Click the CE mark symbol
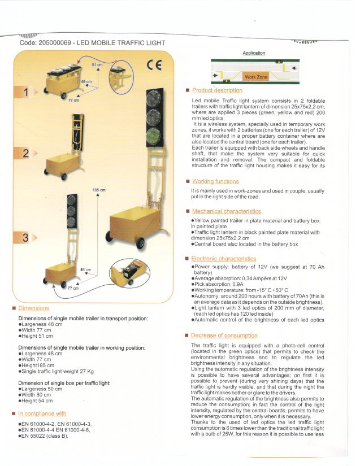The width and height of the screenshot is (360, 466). (x=154, y=65)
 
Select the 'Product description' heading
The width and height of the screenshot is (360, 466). (x=217, y=90)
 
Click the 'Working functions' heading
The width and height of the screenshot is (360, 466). (x=215, y=181)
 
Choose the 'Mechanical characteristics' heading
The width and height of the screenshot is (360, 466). (x=227, y=211)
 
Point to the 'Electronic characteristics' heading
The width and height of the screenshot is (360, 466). (x=224, y=259)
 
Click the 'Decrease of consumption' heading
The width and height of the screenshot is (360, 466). (x=224, y=336)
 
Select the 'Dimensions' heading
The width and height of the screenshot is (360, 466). (x=33, y=308)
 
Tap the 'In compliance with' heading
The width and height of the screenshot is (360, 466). (x=42, y=413)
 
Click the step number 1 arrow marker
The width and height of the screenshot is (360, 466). (x=25, y=92)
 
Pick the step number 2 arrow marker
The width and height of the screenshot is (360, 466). (x=25, y=153)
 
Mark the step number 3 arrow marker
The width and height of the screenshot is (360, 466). (x=25, y=237)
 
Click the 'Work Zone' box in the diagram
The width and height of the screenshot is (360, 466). (x=256, y=77)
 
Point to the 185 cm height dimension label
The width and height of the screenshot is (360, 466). (x=99, y=190)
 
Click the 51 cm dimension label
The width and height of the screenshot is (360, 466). (x=97, y=64)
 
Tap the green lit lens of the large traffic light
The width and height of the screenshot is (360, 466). (x=154, y=136)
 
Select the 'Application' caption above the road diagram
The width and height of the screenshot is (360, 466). (x=254, y=53)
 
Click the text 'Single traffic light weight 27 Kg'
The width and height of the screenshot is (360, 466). (x=58, y=371)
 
